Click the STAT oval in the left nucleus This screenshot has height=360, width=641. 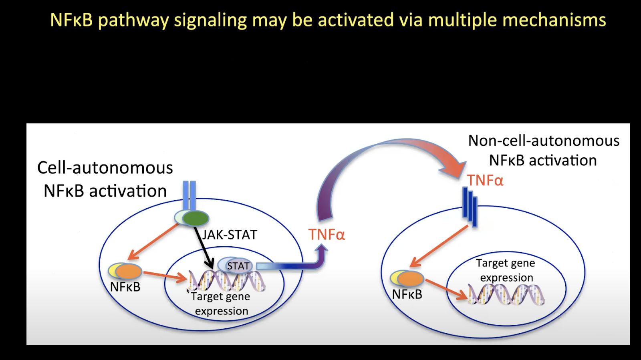coord(238,265)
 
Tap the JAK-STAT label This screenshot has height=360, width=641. coord(230,235)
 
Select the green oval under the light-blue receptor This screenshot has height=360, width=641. coord(196,219)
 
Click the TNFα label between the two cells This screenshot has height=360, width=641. coord(327,235)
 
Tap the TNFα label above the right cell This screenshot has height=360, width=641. coord(485,181)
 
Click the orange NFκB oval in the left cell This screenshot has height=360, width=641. coord(129,272)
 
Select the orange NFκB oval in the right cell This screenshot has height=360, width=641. coord(411,279)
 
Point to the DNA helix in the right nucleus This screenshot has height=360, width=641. coord(506,294)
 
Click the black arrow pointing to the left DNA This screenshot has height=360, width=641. coord(204,247)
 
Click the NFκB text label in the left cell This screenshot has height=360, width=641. coord(125,287)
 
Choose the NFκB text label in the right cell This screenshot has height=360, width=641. coord(407,294)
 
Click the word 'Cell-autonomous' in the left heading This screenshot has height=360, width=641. coord(105,168)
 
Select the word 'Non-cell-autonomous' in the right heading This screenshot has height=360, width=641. coord(544,141)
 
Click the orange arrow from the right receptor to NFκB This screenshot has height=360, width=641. coord(439,246)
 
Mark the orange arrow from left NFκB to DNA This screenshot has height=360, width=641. coord(165,276)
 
